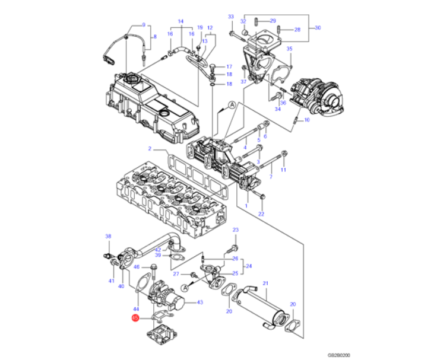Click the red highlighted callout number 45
click(135, 318)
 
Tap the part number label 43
click(200, 302)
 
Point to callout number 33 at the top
click(231, 17)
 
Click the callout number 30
click(317, 28)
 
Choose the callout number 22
click(261, 214)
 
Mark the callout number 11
click(283, 170)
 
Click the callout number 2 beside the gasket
click(150, 148)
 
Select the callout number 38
click(108, 237)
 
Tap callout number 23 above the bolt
click(235, 230)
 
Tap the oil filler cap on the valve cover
click(129, 78)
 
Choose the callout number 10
click(306, 120)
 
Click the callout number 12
click(210, 28)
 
